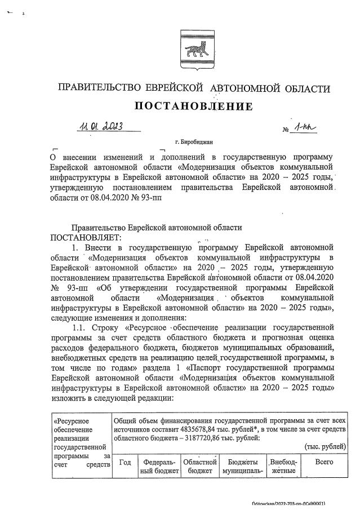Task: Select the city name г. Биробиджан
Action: (194, 143)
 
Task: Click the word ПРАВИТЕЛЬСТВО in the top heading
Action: (95, 88)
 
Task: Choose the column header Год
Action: (126, 463)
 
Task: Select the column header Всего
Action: (323, 463)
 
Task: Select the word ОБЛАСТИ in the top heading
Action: (300, 88)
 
